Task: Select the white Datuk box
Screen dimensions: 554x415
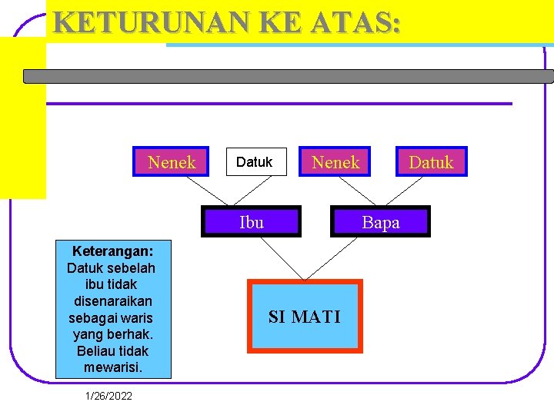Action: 255,162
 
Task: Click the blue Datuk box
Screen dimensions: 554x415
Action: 431,162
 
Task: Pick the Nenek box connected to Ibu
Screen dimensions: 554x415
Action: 171,162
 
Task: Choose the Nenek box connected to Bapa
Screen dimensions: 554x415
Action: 335,162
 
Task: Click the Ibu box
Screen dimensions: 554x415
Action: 252,222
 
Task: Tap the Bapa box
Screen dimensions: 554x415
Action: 380,222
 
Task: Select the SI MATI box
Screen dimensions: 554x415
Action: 305,316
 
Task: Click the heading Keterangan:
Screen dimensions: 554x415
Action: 112,251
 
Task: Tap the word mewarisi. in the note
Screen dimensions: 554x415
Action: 113,367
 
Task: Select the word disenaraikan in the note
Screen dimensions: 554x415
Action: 113,301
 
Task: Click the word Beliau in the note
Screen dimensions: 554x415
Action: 96,351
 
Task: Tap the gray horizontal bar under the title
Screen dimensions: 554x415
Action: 288,76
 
